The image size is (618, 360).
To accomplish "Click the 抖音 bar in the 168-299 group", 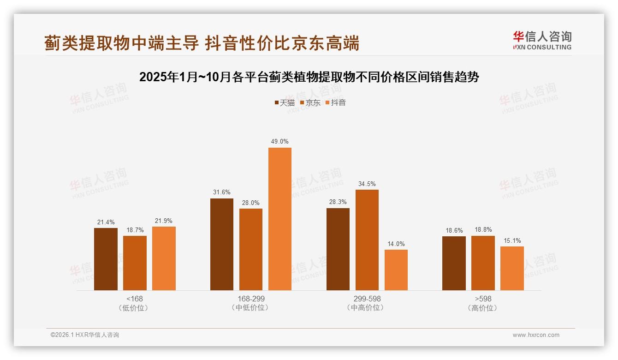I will [x=280, y=219].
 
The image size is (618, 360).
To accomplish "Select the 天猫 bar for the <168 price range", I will [x=106, y=259].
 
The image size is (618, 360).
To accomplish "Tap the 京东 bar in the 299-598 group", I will [x=367, y=240].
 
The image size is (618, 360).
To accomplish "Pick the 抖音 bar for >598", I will [x=512, y=268].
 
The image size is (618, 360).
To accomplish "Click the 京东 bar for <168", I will [x=135, y=263].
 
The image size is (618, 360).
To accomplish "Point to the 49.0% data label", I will [x=280, y=142].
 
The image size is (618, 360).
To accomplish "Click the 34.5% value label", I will [x=367, y=184].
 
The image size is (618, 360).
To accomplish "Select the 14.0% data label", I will [x=396, y=244].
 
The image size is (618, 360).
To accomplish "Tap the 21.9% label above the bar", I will [x=164, y=221].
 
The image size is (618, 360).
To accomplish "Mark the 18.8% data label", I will [x=483, y=230].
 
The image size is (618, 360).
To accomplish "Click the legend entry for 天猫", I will [x=285, y=103].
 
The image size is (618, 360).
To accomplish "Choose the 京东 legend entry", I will [x=310, y=103].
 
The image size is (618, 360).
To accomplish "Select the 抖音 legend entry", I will [x=336, y=103].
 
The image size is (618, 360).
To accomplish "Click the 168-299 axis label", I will [x=251, y=299].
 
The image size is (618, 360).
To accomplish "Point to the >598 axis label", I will [x=483, y=299].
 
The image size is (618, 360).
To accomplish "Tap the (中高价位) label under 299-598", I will [x=367, y=308].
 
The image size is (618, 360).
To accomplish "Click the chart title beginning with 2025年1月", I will [x=309, y=77].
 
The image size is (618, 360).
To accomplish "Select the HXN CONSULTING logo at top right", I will [x=542, y=40].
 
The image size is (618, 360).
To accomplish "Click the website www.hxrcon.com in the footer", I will [x=536, y=335].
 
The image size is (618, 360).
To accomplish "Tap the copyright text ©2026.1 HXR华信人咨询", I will [x=85, y=335].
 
